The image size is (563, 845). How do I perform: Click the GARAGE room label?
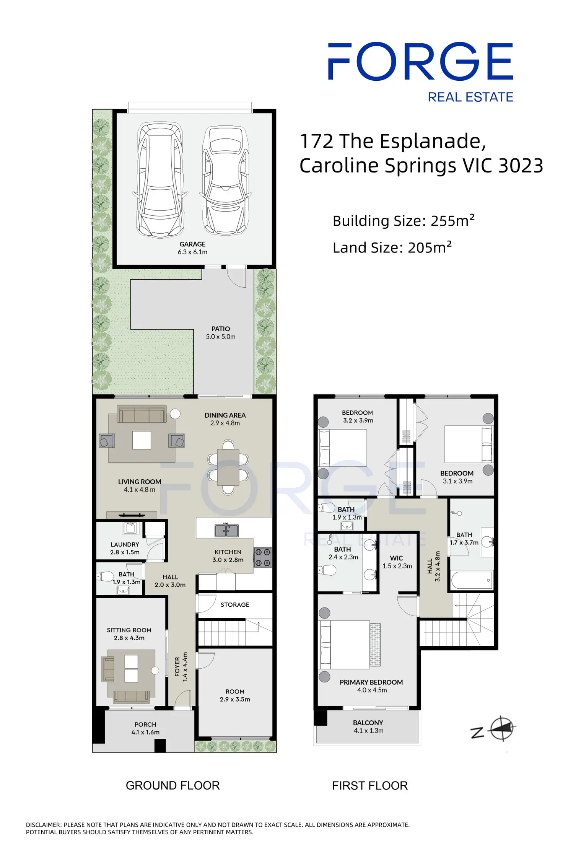tap(192, 244)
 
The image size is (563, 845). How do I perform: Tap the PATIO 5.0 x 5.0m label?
tap(221, 333)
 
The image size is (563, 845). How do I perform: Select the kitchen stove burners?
tap(263, 557)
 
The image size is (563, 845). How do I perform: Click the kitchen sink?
tap(226, 531)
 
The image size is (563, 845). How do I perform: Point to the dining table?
tap(228, 467)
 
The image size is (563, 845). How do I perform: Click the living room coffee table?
tap(142, 440)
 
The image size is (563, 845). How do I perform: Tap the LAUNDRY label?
tap(125, 544)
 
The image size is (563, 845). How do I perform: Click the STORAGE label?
tap(235, 604)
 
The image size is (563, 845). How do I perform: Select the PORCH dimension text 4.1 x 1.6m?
tap(145, 732)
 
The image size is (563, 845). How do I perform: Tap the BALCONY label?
tap(368, 723)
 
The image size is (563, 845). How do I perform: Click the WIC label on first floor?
tap(396, 558)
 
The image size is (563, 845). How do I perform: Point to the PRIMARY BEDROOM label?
tap(371, 682)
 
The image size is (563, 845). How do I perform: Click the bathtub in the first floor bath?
tap(472, 580)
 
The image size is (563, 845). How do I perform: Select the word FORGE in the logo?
tap(420, 61)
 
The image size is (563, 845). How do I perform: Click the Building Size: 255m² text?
tap(404, 221)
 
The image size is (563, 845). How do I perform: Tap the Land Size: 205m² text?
tap(392, 247)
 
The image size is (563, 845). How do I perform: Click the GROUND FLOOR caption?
tap(173, 785)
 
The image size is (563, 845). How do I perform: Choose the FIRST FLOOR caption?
tap(370, 785)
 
